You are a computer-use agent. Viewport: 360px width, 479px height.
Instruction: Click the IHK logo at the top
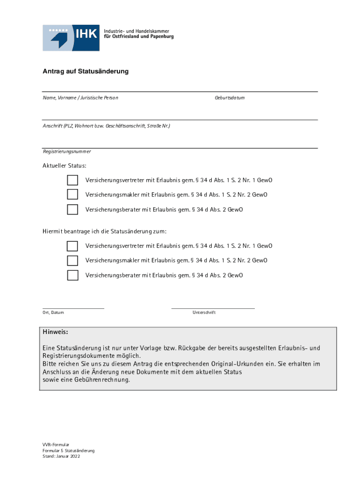(x=71, y=37)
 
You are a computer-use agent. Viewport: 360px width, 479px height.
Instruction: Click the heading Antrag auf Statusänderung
(x=86, y=72)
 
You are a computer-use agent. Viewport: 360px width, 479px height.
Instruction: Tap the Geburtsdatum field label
(x=230, y=98)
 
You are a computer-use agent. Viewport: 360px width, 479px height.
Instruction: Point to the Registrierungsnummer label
(x=67, y=152)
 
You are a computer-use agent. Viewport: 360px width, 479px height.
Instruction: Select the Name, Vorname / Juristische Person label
(x=80, y=98)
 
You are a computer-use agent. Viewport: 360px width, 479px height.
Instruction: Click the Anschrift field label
(x=107, y=126)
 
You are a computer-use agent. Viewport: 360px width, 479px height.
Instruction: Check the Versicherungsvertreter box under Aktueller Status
(x=72, y=180)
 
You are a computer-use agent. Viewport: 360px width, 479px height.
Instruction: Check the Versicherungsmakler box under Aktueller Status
(x=72, y=195)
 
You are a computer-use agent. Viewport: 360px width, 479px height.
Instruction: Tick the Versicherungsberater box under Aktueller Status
(x=72, y=210)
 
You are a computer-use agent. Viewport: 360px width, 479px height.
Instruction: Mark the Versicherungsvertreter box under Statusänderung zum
(x=72, y=246)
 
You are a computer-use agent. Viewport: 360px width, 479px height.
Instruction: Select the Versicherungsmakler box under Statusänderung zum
(x=72, y=261)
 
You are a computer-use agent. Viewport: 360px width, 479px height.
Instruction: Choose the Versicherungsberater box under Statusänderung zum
(x=72, y=275)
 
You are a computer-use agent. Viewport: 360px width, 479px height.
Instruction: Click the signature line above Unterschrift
(x=213, y=308)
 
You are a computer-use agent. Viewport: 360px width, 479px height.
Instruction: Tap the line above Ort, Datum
(x=73, y=308)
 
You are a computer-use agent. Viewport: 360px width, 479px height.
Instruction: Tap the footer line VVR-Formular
(x=56, y=444)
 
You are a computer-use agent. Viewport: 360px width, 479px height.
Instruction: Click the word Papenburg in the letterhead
(x=161, y=36)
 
